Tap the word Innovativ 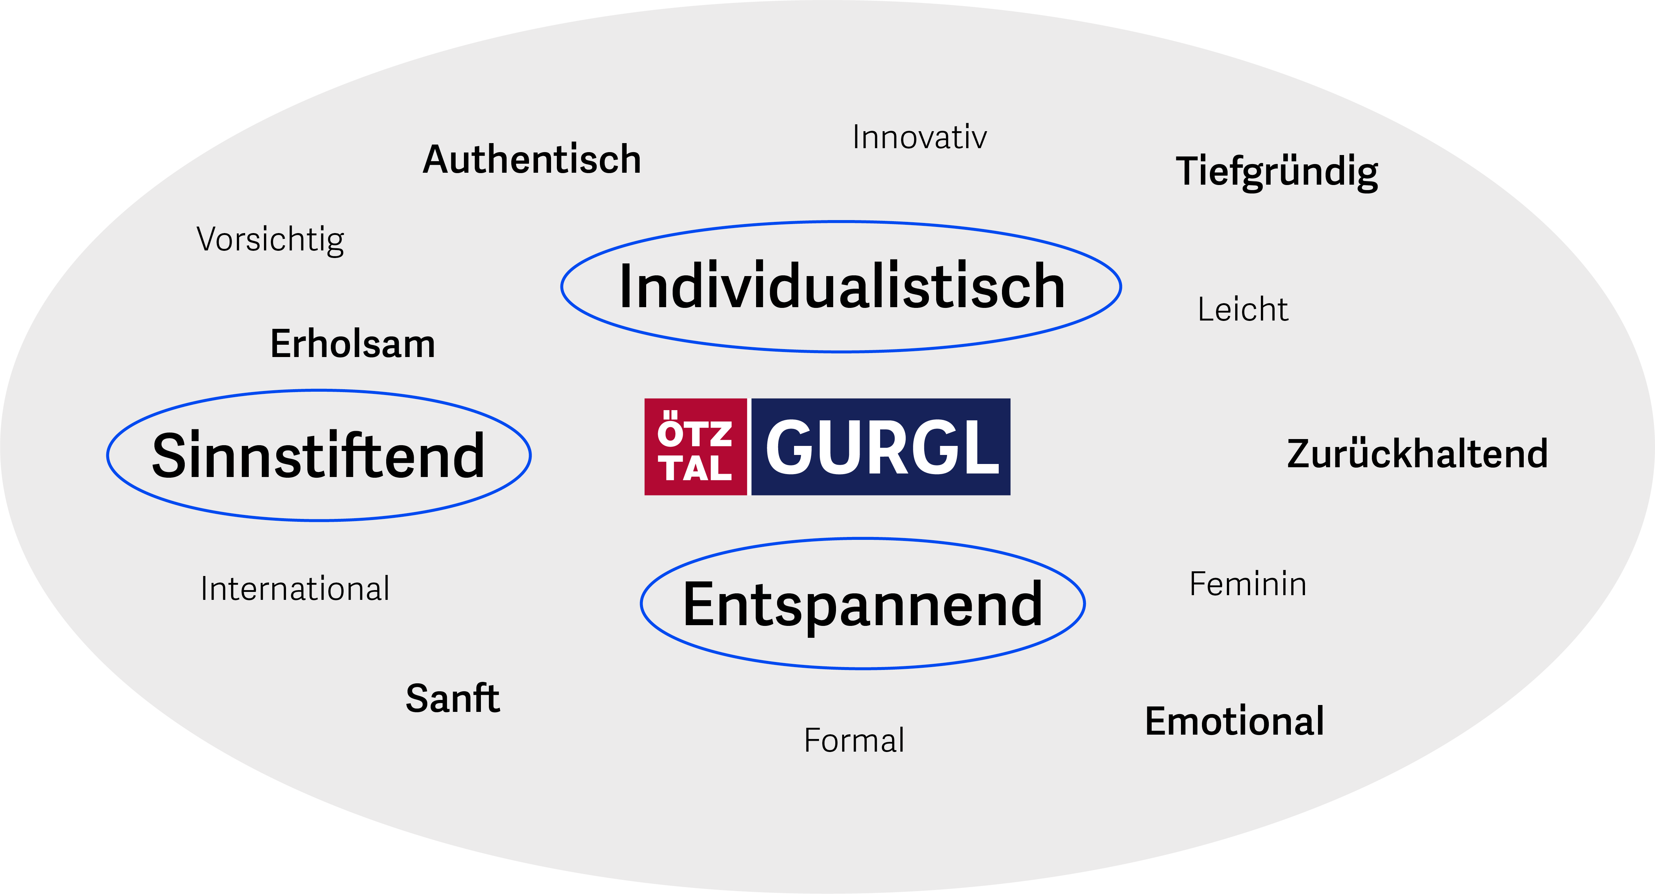point(920,137)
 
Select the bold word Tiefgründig point(1276,172)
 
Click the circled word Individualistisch point(842,287)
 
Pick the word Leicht point(1242,310)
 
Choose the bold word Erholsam point(353,344)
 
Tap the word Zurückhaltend point(1417,454)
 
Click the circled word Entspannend point(863,604)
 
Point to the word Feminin point(1248,584)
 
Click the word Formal point(854,740)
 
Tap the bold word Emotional point(1234,721)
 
